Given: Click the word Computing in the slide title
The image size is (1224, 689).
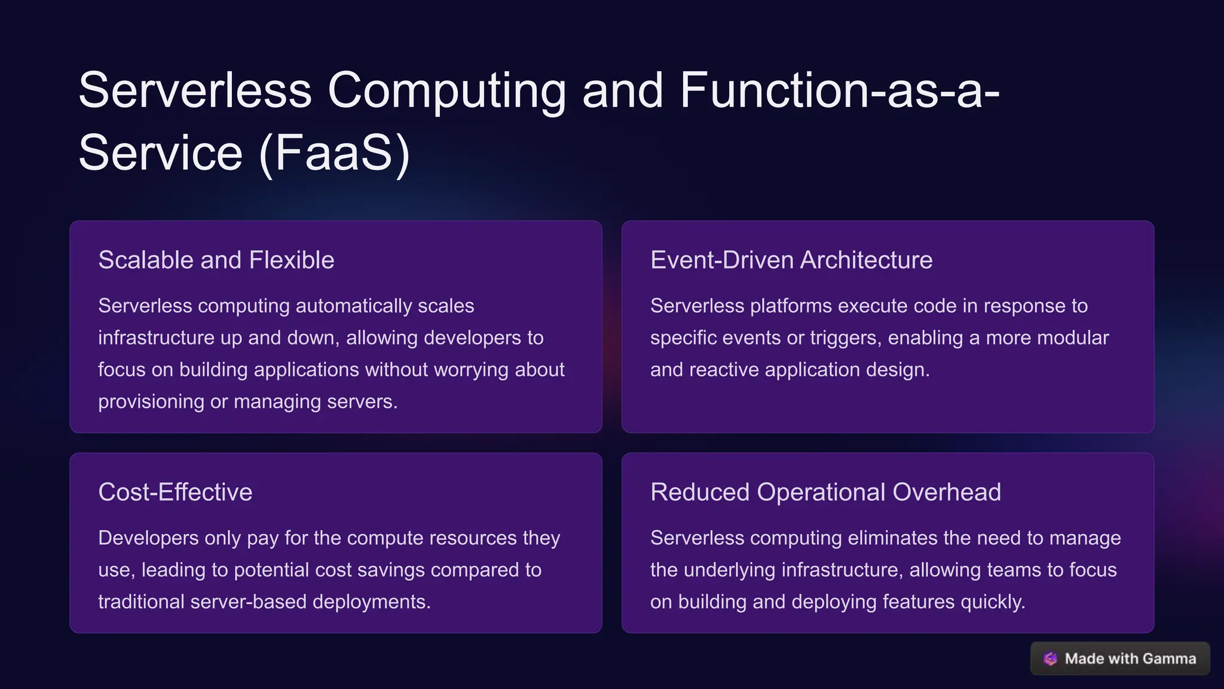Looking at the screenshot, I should [x=446, y=91].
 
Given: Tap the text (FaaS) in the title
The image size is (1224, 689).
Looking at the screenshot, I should [x=335, y=153].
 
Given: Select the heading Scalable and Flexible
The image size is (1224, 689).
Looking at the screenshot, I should [x=216, y=260].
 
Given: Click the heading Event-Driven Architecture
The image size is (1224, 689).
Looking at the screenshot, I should [x=791, y=260].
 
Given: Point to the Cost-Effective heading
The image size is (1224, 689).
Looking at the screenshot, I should [x=175, y=492].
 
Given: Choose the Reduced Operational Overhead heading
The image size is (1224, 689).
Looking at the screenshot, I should [x=825, y=492].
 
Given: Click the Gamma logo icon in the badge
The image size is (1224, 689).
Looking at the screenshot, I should [x=1050, y=658].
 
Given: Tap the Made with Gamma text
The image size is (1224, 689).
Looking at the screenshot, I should [x=1130, y=658].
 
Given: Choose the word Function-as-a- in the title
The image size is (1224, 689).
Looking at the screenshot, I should [x=839, y=91].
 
